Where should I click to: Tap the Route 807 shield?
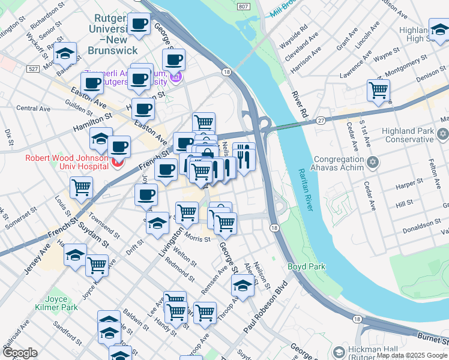[242, 6]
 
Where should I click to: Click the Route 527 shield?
[32, 70]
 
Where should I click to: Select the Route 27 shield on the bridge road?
[321, 120]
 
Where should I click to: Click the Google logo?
[20, 352]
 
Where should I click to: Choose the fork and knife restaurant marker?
[243, 158]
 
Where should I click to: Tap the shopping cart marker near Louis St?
[81, 187]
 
